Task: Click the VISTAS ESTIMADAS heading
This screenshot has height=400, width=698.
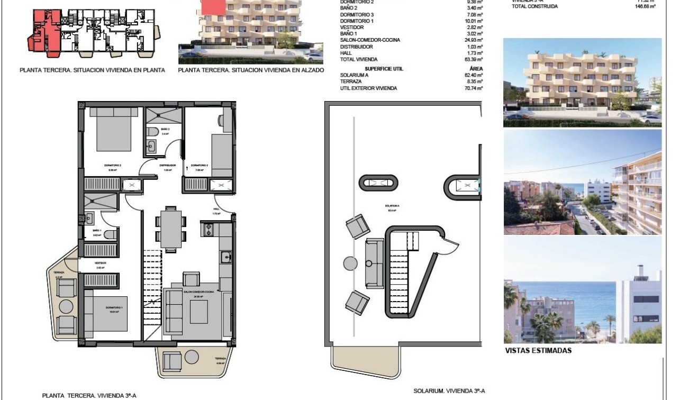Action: pyautogui.click(x=538, y=350)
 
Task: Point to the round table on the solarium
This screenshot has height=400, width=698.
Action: pyautogui.click(x=350, y=263)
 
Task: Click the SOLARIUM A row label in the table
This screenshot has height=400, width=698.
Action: pyautogui.click(x=354, y=75)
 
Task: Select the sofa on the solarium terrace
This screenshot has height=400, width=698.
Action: pyautogui.click(x=374, y=263)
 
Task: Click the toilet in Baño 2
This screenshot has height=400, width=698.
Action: pyautogui.click(x=151, y=131)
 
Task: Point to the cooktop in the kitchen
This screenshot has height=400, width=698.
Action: pyautogui.click(x=207, y=230)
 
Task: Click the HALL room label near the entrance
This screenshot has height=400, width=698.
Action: pyautogui.click(x=216, y=209)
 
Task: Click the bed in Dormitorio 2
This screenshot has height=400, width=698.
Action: pyautogui.click(x=114, y=130)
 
